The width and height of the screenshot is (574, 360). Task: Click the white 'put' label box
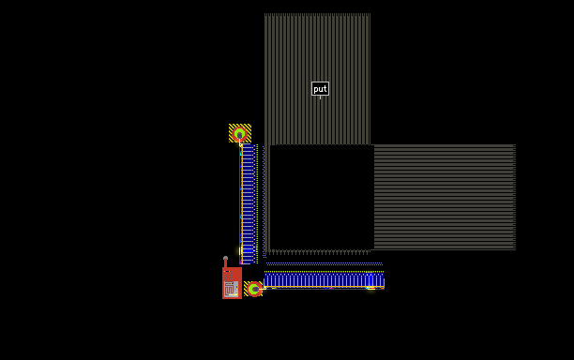[320, 88]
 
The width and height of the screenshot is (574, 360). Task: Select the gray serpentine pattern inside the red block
[232, 289]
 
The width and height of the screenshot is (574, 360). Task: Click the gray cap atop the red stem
[225, 258]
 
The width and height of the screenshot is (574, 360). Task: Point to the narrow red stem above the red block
[225, 263]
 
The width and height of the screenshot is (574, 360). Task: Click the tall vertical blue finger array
[249, 203]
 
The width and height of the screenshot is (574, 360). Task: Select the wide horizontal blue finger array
[324, 280]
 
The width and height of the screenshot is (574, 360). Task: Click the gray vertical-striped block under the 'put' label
[317, 79]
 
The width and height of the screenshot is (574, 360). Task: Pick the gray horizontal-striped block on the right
[445, 197]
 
